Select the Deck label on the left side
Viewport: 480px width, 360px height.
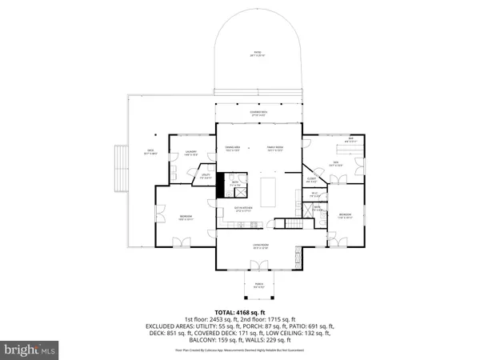(x=150, y=151)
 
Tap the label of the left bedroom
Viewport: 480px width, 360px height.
(x=185, y=217)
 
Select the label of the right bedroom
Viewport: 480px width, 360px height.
(x=344, y=215)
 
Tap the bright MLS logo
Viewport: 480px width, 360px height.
(x=30, y=350)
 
